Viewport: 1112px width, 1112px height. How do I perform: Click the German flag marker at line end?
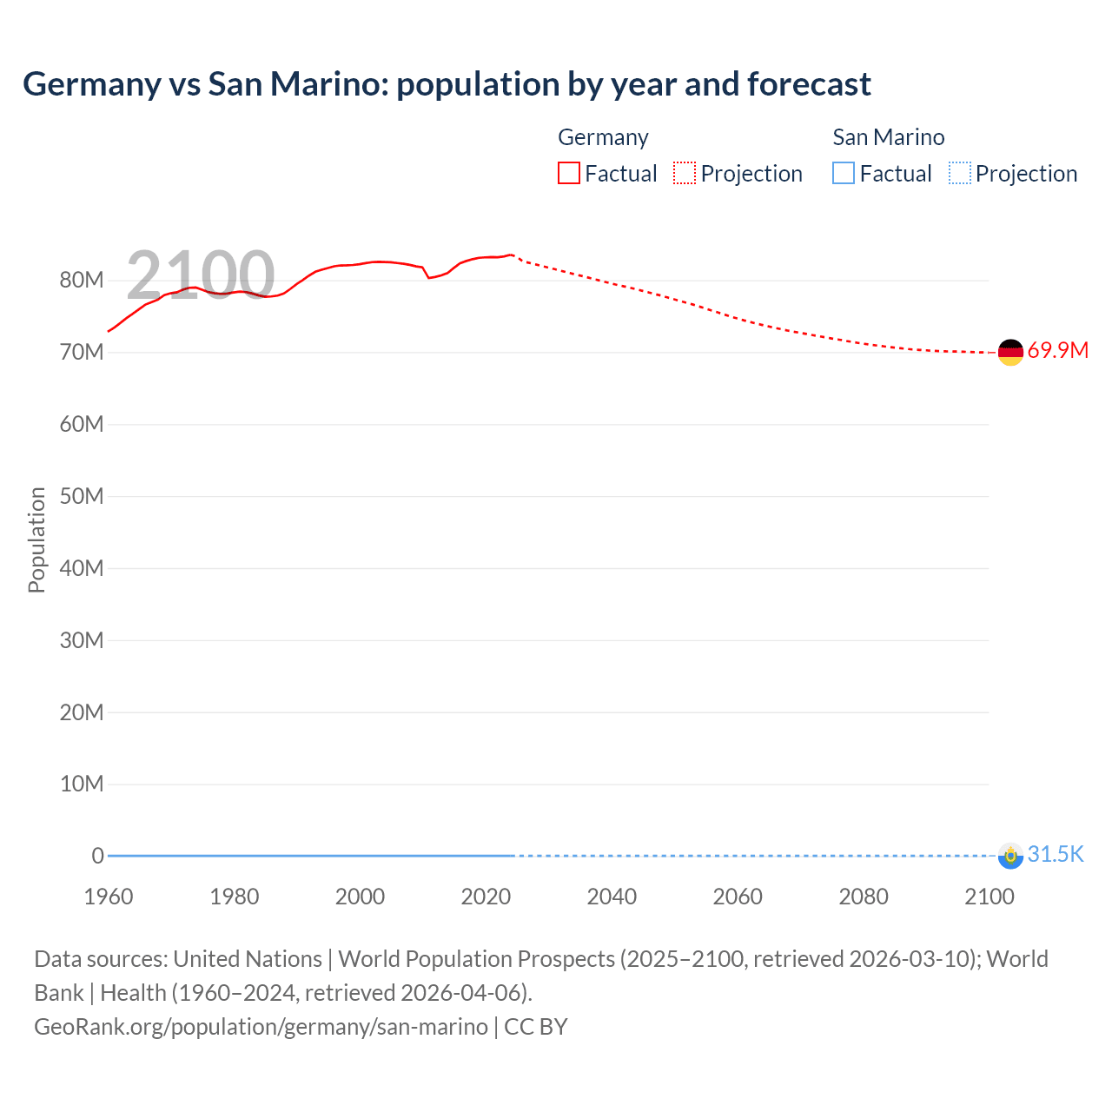[1010, 352]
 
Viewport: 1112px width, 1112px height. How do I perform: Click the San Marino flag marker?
[1010, 856]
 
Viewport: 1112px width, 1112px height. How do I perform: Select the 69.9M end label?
[1057, 351]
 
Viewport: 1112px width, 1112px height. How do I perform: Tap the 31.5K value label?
[1056, 855]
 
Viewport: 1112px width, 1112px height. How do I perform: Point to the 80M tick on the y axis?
[82, 281]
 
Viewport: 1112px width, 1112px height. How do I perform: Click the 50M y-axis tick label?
[82, 497]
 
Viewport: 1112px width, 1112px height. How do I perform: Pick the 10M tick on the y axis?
[82, 784]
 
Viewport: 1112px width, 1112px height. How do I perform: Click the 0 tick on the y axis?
[97, 857]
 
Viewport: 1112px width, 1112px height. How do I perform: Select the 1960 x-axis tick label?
[109, 897]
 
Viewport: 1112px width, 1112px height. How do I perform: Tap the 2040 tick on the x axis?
[612, 897]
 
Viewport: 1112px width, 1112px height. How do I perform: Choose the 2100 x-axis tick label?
[989, 897]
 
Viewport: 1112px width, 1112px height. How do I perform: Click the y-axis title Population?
[36, 540]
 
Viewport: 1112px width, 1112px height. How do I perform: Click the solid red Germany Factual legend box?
[569, 174]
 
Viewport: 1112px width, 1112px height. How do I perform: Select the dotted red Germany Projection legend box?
[685, 174]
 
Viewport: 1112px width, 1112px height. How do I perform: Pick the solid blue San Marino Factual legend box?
[844, 174]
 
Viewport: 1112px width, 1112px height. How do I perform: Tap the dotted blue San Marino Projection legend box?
[959, 174]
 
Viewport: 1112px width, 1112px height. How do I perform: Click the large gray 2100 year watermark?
[201, 275]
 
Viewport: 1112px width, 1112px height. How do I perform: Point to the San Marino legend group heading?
[888, 137]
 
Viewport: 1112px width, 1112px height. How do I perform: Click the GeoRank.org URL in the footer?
[261, 1027]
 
